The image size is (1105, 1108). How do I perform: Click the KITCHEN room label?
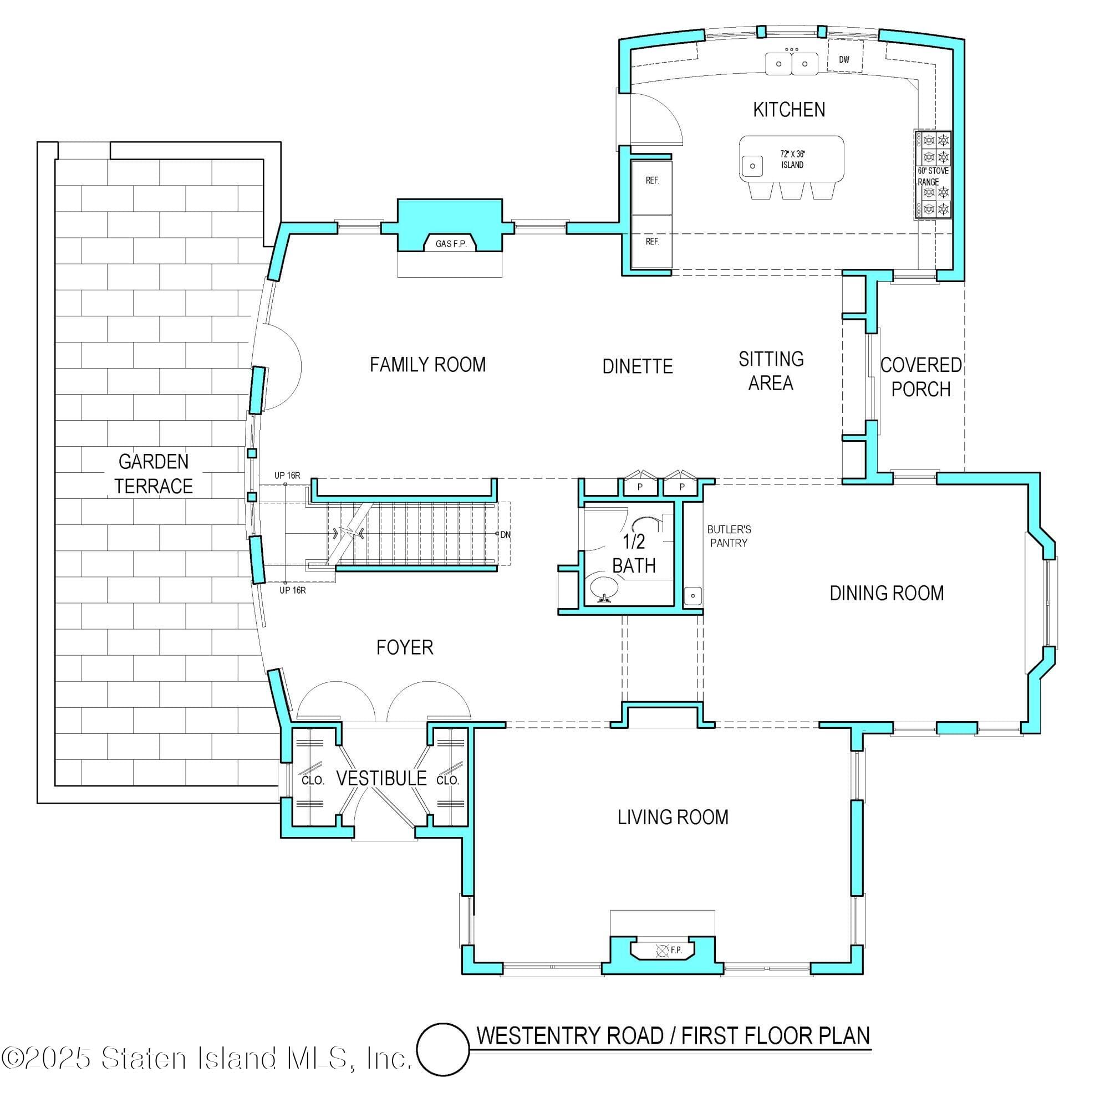(x=789, y=110)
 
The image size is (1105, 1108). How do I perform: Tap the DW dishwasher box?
(x=844, y=59)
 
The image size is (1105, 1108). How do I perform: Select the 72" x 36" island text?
(x=792, y=160)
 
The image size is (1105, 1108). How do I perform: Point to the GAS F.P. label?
(x=451, y=244)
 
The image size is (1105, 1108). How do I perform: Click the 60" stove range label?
(x=933, y=176)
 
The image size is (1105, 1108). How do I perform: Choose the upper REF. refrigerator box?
(x=652, y=181)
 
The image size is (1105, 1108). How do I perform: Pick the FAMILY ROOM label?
(x=427, y=365)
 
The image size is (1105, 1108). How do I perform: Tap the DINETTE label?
(x=638, y=366)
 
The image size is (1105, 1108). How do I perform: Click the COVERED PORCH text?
(x=921, y=377)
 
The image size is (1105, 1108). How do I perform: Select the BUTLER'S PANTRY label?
(x=729, y=536)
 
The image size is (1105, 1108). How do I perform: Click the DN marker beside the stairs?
(x=505, y=535)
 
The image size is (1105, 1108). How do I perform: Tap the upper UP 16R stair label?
(x=287, y=476)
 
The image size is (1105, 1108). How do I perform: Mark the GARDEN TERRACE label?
(x=153, y=474)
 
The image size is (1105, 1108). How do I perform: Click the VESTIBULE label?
(x=381, y=779)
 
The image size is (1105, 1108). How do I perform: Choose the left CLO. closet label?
(x=313, y=780)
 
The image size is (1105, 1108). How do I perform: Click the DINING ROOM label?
(x=887, y=593)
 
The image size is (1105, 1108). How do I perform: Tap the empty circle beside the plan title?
(x=442, y=1049)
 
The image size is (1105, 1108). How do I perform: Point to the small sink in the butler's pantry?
(x=693, y=596)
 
